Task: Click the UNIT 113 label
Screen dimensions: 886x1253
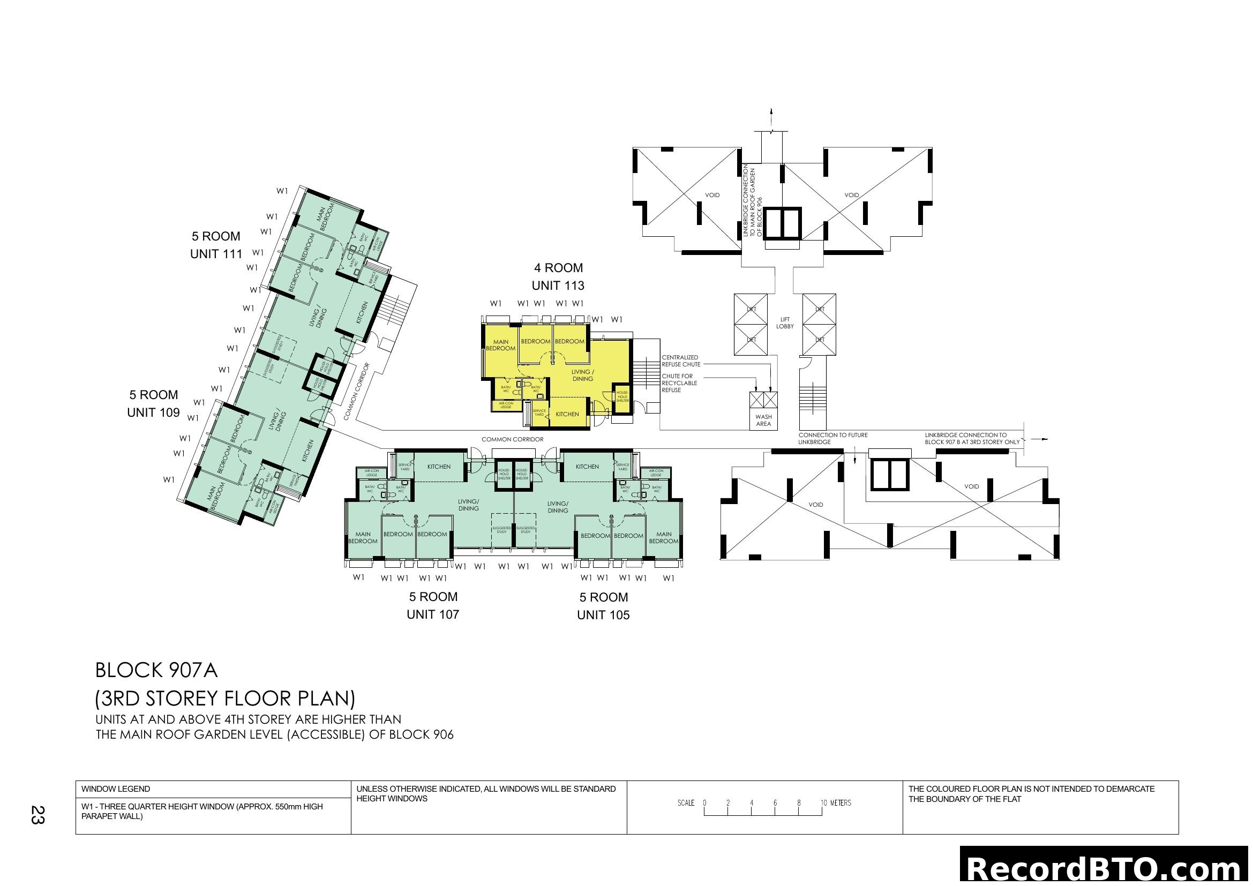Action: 558,286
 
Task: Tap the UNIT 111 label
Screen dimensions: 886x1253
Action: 216,254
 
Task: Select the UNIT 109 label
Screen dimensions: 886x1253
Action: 153,412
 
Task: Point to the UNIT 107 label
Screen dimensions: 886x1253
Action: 433,614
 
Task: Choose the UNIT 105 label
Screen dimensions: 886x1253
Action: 603,615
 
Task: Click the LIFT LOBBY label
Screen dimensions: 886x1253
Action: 785,323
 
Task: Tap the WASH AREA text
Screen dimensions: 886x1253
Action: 763,420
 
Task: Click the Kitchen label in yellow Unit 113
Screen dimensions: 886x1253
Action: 567,414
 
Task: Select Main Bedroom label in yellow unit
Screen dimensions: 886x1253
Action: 500,346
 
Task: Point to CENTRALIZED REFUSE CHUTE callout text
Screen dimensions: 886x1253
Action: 680,361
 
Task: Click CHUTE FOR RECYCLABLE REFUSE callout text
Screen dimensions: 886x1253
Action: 679,383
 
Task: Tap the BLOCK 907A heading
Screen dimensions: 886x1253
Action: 156,671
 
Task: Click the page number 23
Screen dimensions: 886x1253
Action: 37,815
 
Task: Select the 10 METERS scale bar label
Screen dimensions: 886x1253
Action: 836,803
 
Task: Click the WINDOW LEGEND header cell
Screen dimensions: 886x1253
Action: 116,789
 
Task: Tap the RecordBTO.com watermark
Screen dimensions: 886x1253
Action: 1105,868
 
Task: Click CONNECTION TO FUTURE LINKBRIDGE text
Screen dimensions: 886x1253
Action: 833,439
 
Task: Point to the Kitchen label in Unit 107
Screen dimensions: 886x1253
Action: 439,467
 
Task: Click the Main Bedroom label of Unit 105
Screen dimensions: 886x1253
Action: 664,538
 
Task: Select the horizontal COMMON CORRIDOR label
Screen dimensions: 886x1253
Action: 512,439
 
